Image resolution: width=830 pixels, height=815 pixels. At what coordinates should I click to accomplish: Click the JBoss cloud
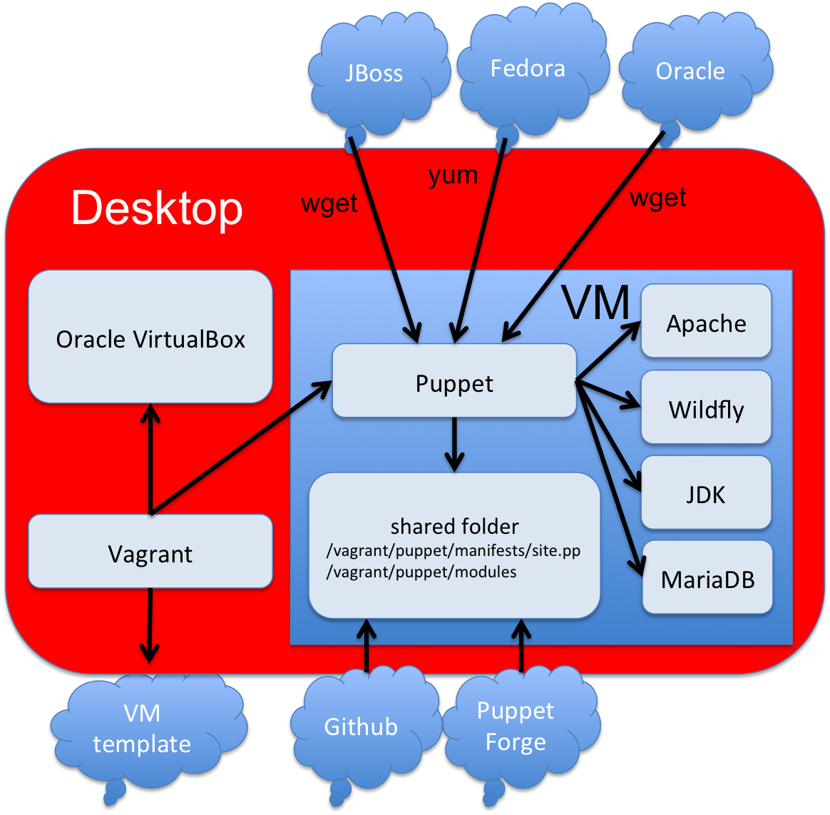374,72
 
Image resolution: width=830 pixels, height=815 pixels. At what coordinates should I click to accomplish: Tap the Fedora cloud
528,69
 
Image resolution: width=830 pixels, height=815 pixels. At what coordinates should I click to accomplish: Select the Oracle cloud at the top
690,71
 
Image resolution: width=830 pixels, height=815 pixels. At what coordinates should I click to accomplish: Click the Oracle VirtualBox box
150,338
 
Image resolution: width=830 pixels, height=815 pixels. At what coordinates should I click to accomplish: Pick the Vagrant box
150,554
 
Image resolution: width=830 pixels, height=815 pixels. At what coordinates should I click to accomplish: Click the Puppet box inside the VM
454,383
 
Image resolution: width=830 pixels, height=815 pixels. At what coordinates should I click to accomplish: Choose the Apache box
706,323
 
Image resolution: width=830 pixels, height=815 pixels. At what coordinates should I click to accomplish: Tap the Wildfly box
706,409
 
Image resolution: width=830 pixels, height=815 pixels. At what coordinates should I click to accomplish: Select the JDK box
706,494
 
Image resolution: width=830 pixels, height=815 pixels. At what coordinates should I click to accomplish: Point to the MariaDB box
707,578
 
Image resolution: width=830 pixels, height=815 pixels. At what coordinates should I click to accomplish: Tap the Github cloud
361,727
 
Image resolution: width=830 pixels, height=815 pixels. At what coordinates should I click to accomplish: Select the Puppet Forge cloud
515,726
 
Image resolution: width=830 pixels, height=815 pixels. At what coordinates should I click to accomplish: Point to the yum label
453,175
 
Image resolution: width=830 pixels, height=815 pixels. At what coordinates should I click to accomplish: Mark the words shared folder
454,527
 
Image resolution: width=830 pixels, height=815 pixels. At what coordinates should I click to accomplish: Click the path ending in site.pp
454,551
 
